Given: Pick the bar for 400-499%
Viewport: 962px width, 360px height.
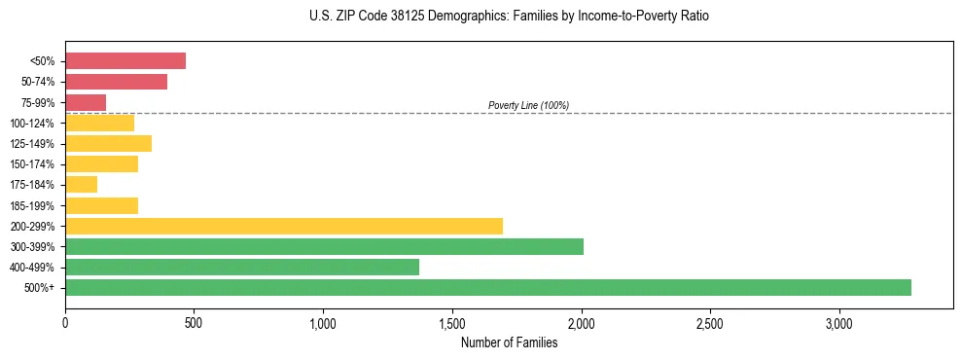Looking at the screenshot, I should pyautogui.click(x=242, y=267).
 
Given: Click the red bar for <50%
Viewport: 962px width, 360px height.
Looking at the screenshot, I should pyautogui.click(x=125, y=61).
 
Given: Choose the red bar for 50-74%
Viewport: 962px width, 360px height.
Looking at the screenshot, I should pyautogui.click(x=116, y=82).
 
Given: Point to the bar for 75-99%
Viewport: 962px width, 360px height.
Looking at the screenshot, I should pyautogui.click(x=86, y=102).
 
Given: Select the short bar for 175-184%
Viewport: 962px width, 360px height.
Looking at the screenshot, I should pyautogui.click(x=81, y=184).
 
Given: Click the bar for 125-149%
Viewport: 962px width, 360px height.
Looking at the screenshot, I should pyautogui.click(x=108, y=143).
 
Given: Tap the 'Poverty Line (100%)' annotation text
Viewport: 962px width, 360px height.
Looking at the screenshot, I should pyautogui.click(x=528, y=105).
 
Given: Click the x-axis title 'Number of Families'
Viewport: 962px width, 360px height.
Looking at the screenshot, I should pyautogui.click(x=509, y=342).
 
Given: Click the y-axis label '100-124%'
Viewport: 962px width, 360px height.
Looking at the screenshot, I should pyautogui.click(x=33, y=124).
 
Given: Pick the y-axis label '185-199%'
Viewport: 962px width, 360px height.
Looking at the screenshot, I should pyautogui.click(x=33, y=205).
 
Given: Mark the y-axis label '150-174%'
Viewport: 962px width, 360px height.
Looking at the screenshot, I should pyautogui.click(x=33, y=164).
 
